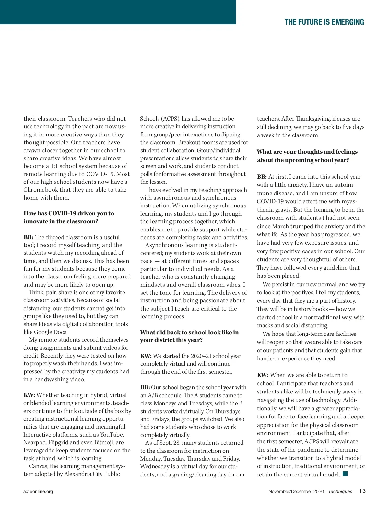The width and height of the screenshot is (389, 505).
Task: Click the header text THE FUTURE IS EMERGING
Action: (x=324, y=22)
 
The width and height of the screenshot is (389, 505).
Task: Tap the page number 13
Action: (x=362, y=491)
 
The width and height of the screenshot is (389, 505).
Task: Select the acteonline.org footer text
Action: (x=38, y=491)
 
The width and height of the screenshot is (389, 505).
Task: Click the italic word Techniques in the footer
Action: (x=340, y=491)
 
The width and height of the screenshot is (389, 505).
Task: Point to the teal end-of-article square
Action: (x=345, y=474)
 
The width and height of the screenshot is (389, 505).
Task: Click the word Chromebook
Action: (x=41, y=190)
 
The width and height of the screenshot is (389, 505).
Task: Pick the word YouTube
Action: (x=112, y=435)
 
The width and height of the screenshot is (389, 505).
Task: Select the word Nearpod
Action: (x=35, y=442)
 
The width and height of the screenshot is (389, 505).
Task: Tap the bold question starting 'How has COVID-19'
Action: (x=69, y=217)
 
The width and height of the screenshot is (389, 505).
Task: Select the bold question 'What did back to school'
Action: (x=189, y=336)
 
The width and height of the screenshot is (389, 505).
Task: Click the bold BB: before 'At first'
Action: (x=262, y=177)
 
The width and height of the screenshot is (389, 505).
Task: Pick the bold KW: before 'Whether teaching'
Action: (x=29, y=395)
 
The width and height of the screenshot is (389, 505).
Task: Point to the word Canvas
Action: (x=38, y=466)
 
